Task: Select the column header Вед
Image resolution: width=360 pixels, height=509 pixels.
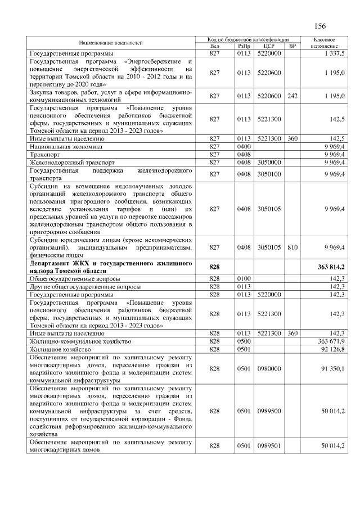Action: (214, 46)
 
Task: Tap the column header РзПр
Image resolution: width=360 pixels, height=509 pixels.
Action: (244, 46)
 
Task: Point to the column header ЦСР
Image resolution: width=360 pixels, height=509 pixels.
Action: (268, 46)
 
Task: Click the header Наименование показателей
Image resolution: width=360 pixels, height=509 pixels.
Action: (111, 43)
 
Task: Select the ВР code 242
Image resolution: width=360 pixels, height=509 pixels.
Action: (291, 96)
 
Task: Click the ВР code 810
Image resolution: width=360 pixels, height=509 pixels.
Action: (291, 247)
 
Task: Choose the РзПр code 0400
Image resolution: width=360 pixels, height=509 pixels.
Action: (244, 146)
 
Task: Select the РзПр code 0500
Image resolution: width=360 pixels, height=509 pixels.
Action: (244, 341)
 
